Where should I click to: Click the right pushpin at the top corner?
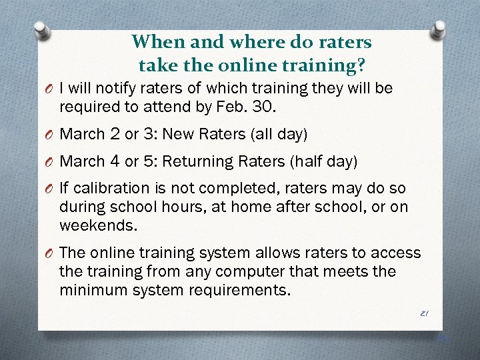pos(440,28)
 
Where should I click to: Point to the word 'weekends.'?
pos(99,225)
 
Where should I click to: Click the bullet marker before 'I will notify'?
pos(49,89)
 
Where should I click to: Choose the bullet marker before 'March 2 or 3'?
pos(49,135)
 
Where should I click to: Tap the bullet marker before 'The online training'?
pos(49,254)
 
